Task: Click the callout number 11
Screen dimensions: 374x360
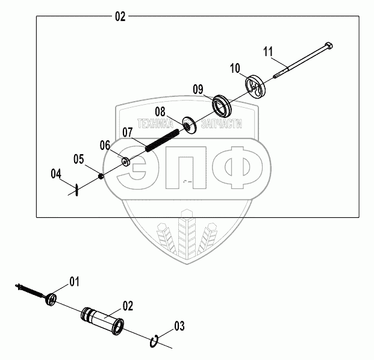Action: (x=268, y=51)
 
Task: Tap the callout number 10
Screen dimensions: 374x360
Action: (x=235, y=67)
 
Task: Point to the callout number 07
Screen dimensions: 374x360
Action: (x=127, y=132)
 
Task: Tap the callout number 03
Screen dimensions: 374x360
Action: (x=178, y=327)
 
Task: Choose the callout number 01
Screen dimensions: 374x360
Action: (x=74, y=281)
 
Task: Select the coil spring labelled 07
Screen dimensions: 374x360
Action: (x=162, y=142)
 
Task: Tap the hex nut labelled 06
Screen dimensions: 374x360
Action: (x=125, y=161)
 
